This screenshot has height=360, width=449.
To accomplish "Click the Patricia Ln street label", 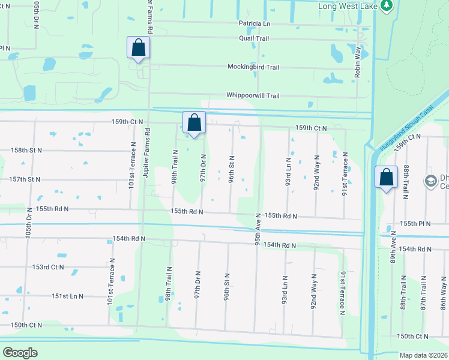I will [x=254, y=24].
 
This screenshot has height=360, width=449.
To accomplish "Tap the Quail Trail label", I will [x=254, y=38].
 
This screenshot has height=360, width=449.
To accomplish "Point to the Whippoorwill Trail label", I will [x=252, y=95].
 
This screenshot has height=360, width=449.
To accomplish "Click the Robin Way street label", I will [x=358, y=62].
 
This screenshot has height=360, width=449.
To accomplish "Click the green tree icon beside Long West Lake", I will [x=387, y=6].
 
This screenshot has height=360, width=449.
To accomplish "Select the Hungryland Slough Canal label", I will [x=406, y=129].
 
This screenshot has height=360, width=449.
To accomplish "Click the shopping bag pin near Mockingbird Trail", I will [x=138, y=47].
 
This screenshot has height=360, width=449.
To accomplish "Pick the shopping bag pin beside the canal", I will [x=387, y=176].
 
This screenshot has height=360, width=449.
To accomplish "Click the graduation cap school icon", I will [x=430, y=181].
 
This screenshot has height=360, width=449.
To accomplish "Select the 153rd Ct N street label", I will [x=48, y=267].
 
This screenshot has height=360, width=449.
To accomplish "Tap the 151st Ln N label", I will [x=67, y=296].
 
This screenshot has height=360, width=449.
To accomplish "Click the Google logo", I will [x=20, y=353].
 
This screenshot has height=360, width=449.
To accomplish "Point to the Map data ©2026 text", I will [x=423, y=355].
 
